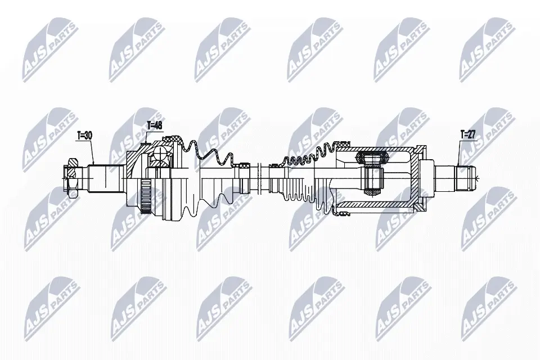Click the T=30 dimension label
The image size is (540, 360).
[x=84, y=136]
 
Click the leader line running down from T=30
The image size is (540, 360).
[x=92, y=152]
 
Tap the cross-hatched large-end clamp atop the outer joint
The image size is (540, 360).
[x=175, y=138]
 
